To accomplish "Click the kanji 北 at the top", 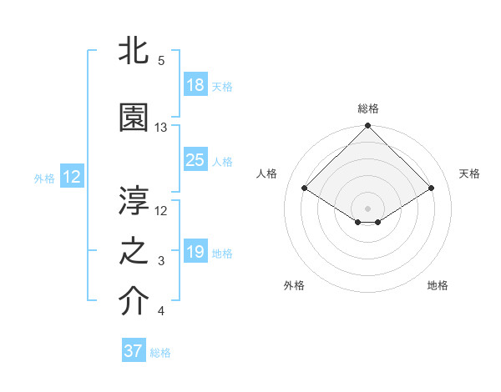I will (x=134, y=51).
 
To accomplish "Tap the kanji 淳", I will (x=134, y=200).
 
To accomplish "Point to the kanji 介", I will (x=134, y=302).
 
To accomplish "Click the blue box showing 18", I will (x=195, y=85).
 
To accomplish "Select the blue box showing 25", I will (x=195, y=160).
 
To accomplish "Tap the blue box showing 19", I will (x=195, y=252).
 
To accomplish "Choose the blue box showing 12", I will (x=72, y=176).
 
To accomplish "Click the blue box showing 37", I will (x=134, y=351).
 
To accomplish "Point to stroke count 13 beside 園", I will (x=161, y=128).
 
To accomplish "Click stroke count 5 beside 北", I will (x=161, y=61).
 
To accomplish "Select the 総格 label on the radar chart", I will (x=368, y=108).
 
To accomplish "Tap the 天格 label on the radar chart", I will (x=469, y=173).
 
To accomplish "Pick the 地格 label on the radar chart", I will (x=438, y=285).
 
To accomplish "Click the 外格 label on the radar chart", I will (x=294, y=285).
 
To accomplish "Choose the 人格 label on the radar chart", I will (x=267, y=173).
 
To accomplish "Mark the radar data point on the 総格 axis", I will (x=368, y=126).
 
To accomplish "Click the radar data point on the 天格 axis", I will (x=432, y=188).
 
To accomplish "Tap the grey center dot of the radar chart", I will (x=368, y=208).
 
